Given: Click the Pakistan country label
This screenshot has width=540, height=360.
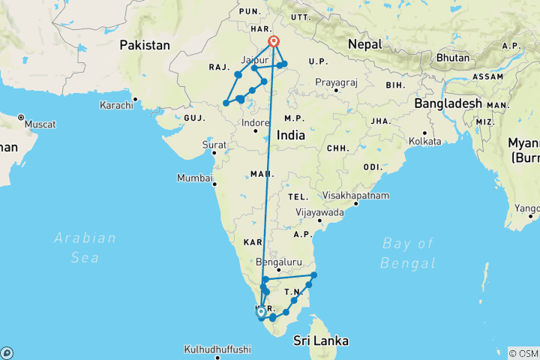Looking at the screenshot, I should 145,45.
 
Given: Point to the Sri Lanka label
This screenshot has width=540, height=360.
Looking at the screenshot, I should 321,340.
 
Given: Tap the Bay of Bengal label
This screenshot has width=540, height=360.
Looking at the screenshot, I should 407,253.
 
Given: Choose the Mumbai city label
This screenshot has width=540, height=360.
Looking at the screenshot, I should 193,178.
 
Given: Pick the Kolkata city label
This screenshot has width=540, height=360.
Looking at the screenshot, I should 426,140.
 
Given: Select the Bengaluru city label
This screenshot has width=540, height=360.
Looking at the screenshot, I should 278,262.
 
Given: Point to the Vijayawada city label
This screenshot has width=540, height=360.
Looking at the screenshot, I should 320,212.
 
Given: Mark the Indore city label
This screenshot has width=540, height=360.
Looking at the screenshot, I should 255,122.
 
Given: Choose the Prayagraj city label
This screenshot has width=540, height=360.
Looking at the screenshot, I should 339,82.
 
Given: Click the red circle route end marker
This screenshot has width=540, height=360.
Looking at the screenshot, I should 274,42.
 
